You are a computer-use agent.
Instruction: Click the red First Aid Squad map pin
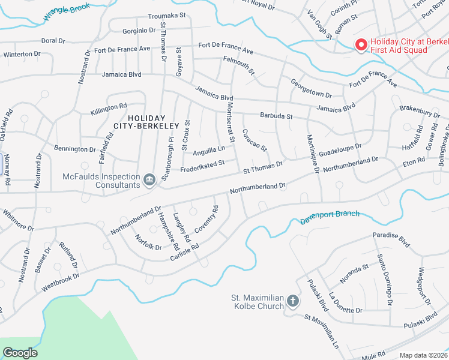361,45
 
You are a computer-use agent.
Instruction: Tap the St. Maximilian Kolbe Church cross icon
292,301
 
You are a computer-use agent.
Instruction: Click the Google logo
20,353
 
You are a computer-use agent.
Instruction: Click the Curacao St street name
255,140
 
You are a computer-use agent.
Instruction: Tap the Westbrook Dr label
60,284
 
